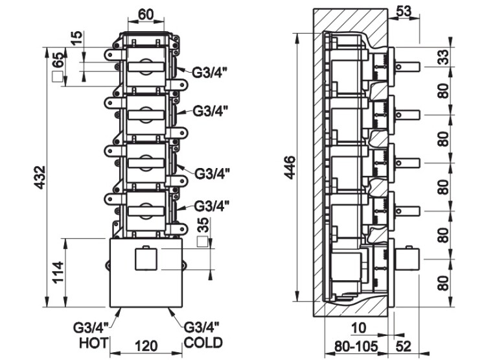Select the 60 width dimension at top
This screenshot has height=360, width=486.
point(145,14)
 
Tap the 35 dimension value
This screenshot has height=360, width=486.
point(203,226)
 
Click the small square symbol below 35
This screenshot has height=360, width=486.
point(203,242)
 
